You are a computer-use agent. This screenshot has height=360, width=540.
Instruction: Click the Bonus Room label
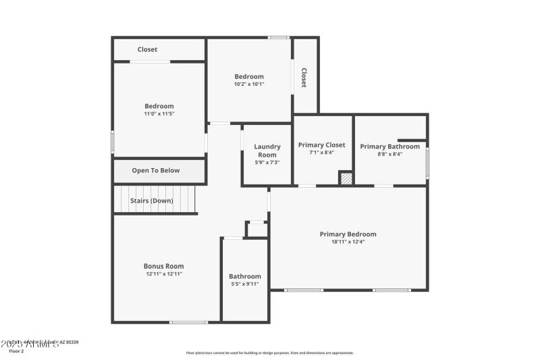[x=163, y=266]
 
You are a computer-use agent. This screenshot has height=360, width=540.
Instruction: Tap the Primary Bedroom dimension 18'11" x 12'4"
[x=348, y=242]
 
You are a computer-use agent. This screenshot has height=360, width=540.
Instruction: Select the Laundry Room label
[x=267, y=151]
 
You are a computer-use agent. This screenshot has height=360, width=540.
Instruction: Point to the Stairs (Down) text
[x=152, y=201]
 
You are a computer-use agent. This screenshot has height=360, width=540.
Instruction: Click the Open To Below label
[x=156, y=170]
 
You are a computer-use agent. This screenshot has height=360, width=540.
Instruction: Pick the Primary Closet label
[x=321, y=145]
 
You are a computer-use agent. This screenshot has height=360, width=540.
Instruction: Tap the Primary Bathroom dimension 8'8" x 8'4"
[x=389, y=154]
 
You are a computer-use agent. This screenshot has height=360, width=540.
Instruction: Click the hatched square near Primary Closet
[x=346, y=178]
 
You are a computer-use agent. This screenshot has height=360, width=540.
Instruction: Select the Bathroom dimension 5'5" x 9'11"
[x=244, y=284]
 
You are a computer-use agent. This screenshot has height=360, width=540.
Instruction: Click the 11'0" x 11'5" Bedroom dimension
[x=159, y=113]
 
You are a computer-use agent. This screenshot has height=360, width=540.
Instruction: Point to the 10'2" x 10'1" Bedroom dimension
[x=249, y=84]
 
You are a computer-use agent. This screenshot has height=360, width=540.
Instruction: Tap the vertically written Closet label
[x=304, y=78]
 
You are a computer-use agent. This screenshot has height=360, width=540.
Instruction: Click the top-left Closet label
[x=147, y=49]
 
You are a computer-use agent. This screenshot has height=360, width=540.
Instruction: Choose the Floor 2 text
[x=16, y=351]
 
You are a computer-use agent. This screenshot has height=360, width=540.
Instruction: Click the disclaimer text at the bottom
[x=269, y=353]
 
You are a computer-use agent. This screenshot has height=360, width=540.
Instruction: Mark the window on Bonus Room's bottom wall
[x=188, y=322]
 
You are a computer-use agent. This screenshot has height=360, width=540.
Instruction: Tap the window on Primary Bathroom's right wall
[x=427, y=163]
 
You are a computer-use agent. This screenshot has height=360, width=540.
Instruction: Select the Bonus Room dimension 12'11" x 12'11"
[x=163, y=274]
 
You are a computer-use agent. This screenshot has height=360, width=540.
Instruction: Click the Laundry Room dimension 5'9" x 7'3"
[x=267, y=162]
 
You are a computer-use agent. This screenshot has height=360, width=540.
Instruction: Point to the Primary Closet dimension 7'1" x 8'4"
[x=321, y=153]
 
